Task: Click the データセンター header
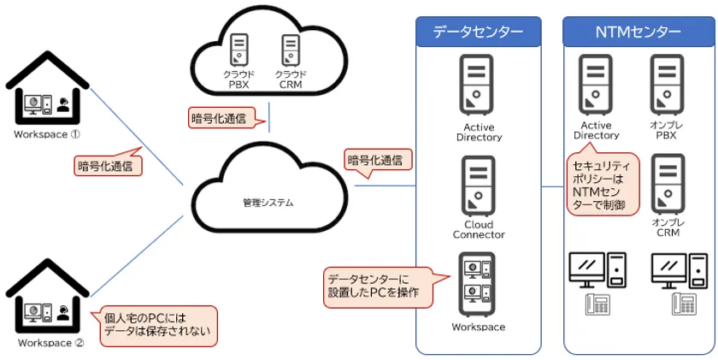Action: tap(479, 32)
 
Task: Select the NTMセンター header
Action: tap(638, 32)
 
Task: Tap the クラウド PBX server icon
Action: tap(239, 51)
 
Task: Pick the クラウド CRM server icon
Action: tap(290, 51)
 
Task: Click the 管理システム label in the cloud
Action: tap(268, 203)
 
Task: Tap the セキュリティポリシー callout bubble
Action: tap(603, 184)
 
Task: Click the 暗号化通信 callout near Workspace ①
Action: tap(109, 164)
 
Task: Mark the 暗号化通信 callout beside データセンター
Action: tap(377, 159)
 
